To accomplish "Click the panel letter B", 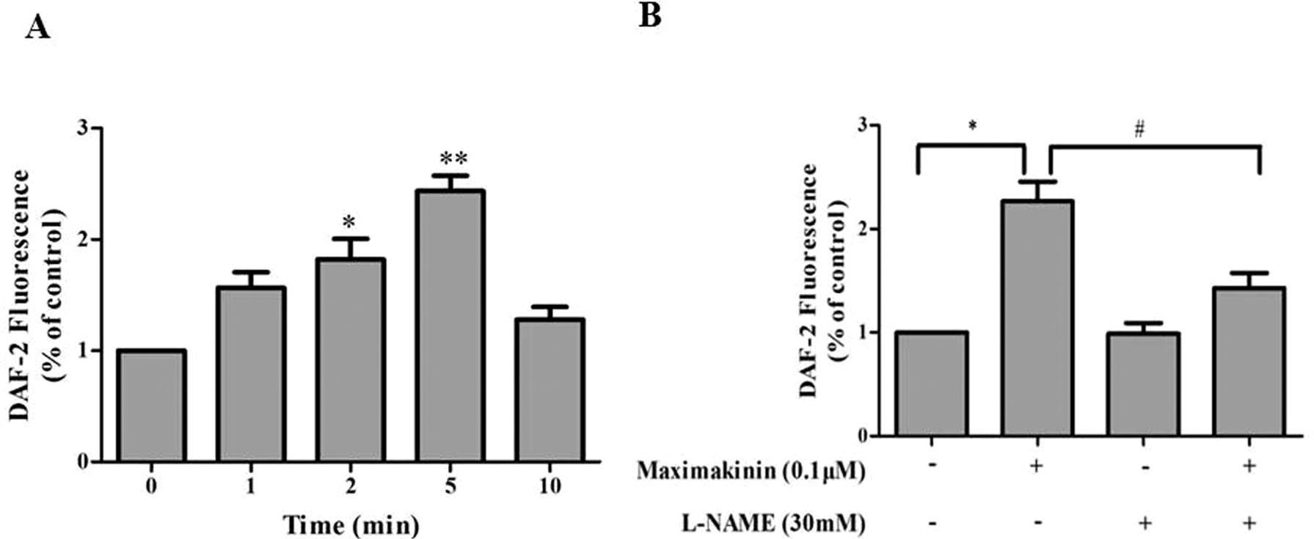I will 649,15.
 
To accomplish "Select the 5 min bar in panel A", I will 450,326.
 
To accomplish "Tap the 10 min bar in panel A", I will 550,389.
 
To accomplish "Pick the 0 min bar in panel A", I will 151,406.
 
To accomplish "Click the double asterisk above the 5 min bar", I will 453,158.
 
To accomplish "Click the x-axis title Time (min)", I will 351,525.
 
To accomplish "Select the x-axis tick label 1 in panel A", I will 250,486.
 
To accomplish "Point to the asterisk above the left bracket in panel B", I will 972,125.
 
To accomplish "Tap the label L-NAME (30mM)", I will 770,523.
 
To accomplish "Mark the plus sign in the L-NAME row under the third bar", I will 1144,523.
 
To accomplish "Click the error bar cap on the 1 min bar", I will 251,272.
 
